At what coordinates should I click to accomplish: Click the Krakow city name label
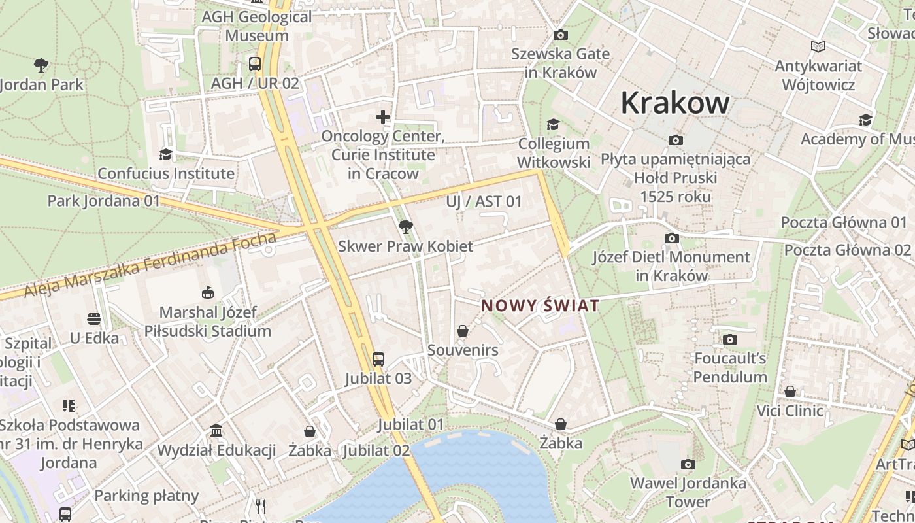674,103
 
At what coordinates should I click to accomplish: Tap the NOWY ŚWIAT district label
540,305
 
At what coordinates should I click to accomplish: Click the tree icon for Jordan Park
41,65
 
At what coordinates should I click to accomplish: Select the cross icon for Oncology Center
383,117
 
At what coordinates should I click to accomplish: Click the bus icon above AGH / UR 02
255,64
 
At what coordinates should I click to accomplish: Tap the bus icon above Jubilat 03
378,359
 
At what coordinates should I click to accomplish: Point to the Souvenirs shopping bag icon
463,331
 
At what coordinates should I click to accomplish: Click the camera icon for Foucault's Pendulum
729,339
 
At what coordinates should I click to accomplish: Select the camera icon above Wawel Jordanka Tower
688,464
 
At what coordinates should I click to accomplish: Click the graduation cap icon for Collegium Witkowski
554,124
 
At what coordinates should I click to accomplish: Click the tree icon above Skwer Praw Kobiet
405,227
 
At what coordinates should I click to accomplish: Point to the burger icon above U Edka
94,319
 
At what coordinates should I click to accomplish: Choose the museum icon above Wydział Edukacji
216,431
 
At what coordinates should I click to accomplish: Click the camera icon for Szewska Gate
560,35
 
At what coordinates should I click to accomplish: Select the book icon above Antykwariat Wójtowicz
818,46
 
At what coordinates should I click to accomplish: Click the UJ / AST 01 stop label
484,201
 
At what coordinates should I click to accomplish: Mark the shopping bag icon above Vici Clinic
790,392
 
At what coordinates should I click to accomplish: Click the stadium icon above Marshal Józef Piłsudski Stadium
207,292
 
